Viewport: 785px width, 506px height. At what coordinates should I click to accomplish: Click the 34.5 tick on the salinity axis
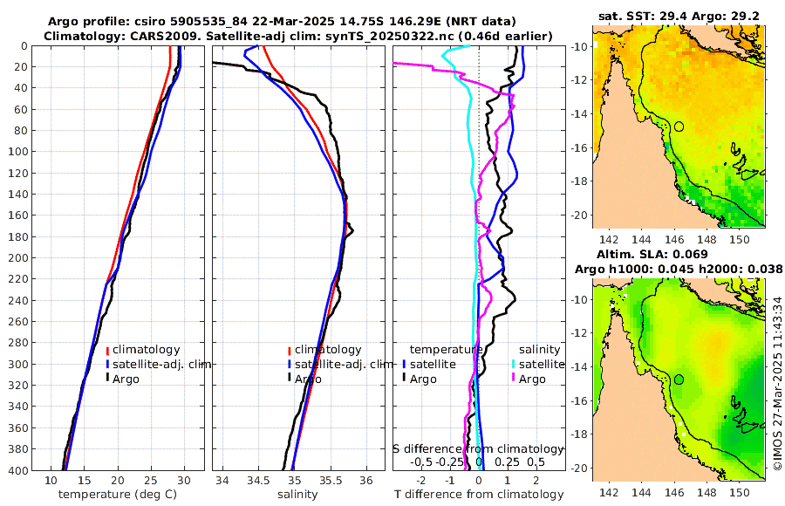258,481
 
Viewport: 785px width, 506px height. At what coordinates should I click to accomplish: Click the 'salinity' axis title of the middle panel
297,494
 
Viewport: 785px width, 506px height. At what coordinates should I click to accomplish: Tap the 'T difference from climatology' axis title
478,495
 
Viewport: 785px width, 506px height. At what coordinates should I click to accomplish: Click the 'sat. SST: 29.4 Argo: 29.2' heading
679,16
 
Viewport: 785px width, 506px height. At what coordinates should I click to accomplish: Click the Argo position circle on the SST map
679,126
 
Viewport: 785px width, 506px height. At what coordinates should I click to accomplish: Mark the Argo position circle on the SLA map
679,379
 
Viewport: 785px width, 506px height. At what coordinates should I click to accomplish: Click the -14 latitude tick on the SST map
582,113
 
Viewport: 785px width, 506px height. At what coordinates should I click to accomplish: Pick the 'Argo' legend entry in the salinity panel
307,379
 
